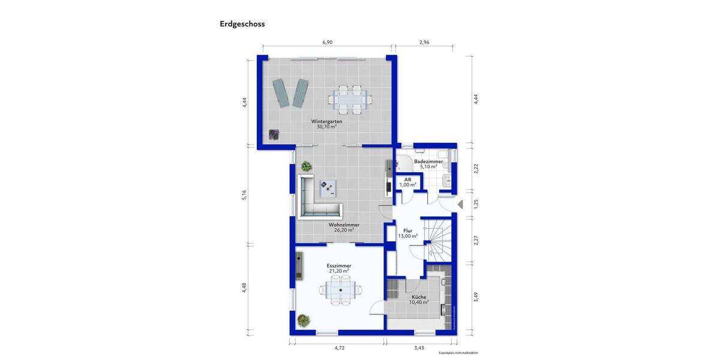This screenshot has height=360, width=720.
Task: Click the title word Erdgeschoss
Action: pyautogui.click(x=242, y=25)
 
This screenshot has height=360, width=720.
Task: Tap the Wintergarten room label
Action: pyautogui.click(x=326, y=121)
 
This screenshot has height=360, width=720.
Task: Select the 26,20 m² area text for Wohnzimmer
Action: pyautogui.click(x=341, y=230)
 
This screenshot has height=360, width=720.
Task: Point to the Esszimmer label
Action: pyautogui.click(x=339, y=265)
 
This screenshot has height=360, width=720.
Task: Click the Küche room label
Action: pyautogui.click(x=419, y=297)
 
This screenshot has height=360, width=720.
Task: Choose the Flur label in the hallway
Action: pyautogui.click(x=407, y=230)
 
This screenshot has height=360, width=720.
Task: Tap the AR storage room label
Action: pyautogui.click(x=407, y=179)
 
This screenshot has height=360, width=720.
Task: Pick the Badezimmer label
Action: pyautogui.click(x=428, y=161)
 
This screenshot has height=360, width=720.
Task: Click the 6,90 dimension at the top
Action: pyautogui.click(x=328, y=43)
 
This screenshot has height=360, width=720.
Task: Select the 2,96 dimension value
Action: pyautogui.click(x=424, y=43)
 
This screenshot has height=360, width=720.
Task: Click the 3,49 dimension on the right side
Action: pyautogui.click(x=476, y=296)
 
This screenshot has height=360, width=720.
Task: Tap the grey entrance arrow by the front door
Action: pyautogui.click(x=460, y=205)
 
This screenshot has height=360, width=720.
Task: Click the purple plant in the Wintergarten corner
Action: pyautogui.click(x=274, y=135)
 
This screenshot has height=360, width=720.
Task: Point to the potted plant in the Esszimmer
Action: pyautogui.click(x=305, y=321)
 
